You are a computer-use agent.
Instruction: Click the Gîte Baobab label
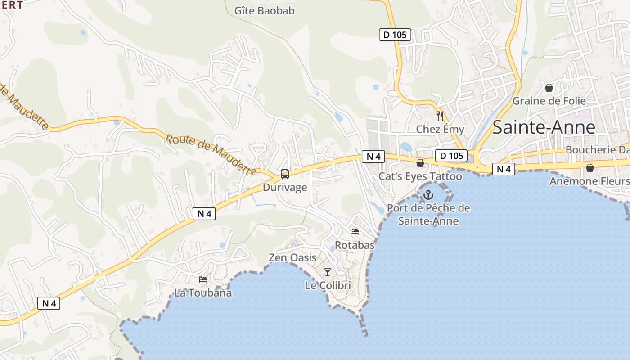(x=265, y=10)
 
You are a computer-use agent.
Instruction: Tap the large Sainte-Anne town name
(x=544, y=127)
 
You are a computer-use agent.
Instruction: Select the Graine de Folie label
(x=549, y=101)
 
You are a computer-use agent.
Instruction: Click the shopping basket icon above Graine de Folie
(x=549, y=87)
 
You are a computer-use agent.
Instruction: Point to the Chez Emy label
(x=440, y=130)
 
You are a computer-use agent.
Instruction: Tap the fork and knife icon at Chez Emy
(x=440, y=116)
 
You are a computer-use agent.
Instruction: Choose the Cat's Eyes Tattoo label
(x=420, y=176)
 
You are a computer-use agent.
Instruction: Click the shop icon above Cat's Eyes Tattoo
(x=420, y=162)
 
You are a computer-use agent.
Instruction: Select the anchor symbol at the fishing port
(x=428, y=195)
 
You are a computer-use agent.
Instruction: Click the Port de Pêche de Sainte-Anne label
(x=428, y=214)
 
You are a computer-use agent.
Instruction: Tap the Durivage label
(x=285, y=187)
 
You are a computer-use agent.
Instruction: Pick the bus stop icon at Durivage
(x=285, y=174)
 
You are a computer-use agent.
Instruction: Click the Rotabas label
(x=355, y=245)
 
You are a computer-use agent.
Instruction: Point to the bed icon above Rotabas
(x=355, y=232)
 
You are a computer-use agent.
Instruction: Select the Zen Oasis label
(x=292, y=258)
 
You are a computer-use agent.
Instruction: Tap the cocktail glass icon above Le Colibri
(x=328, y=272)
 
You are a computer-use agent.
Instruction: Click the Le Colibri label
(x=328, y=285)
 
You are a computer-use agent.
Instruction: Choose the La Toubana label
(x=203, y=293)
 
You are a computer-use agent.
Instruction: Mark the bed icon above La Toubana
(x=203, y=279)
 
